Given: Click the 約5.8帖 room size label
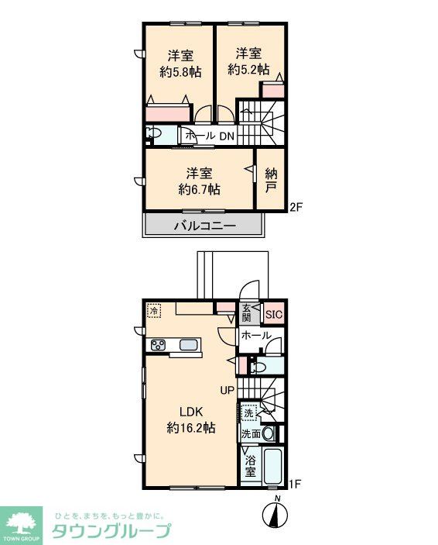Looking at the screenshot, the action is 180,72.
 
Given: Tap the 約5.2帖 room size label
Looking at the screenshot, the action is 248,70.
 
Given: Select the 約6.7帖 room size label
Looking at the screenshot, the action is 199,189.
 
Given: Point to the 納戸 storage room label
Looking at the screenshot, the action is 271,180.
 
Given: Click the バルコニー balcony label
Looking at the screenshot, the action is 205,226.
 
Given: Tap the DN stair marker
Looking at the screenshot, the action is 227,136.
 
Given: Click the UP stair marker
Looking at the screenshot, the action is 228,390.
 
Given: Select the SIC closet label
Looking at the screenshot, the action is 274,315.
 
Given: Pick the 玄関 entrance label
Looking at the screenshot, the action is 246,312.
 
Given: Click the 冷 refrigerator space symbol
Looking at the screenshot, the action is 154,311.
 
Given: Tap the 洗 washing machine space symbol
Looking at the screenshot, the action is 248,413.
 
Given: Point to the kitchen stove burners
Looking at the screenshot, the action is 158,346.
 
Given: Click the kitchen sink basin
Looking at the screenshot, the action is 189,345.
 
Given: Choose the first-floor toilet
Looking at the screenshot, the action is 258,367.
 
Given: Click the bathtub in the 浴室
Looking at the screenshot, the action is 273,465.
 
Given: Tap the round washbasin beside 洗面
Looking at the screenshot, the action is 269,434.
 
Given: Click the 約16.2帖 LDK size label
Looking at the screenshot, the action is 191,427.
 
